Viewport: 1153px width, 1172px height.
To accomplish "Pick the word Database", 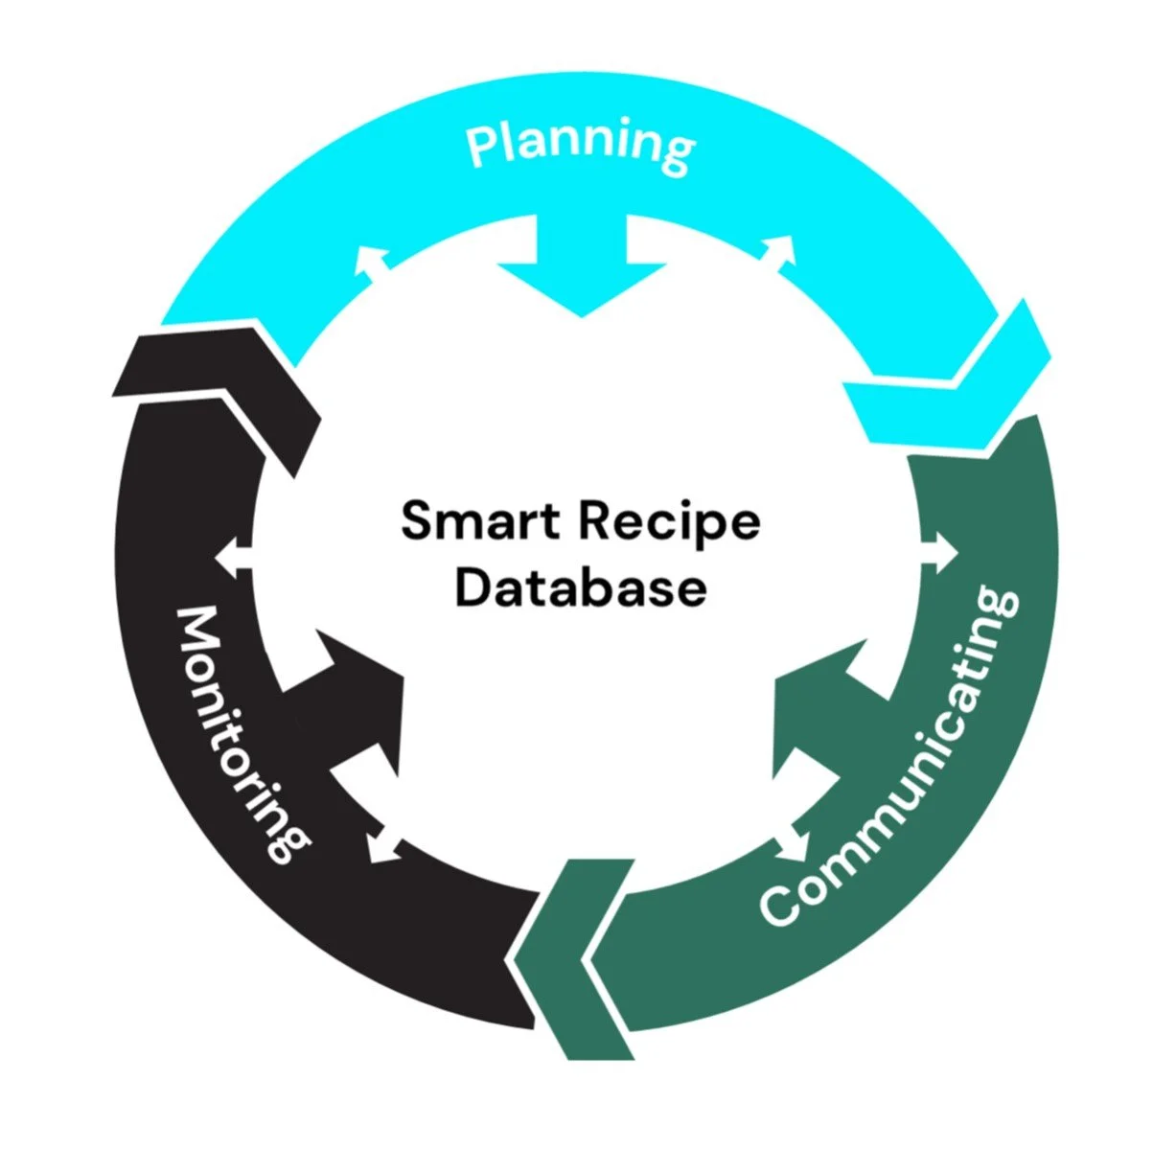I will [x=580, y=586].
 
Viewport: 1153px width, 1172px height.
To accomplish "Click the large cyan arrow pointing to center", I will [x=582, y=268].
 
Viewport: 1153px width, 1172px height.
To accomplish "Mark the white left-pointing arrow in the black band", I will [x=233, y=556].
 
